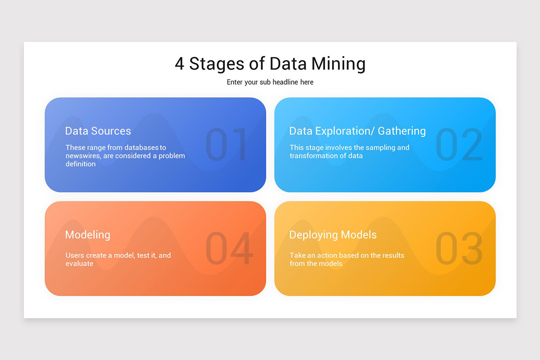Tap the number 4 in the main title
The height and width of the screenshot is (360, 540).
179,64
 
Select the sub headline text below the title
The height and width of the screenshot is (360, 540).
270,82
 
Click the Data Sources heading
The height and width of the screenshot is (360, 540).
98,131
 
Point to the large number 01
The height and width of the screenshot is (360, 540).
227,144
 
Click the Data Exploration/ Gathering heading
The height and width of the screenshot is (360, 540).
357,131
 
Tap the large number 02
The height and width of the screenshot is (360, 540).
459,144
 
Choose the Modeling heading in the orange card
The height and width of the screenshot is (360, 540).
88,234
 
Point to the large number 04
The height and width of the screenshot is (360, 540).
229,248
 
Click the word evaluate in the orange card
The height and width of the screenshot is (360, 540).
80,264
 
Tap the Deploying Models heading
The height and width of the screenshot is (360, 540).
333,234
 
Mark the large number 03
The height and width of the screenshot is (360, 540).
459,248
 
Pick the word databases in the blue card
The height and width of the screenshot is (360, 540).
142,148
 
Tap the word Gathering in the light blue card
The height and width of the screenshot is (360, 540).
401,131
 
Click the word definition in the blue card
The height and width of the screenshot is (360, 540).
81,164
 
